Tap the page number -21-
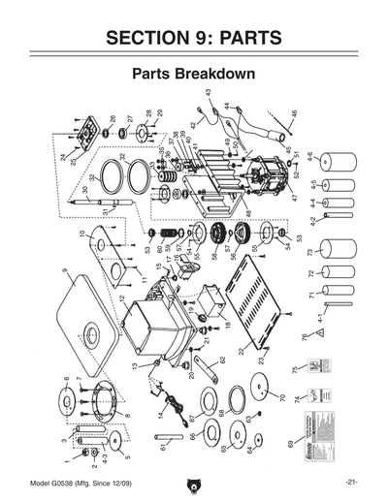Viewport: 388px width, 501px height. pyautogui.click(x=350, y=482)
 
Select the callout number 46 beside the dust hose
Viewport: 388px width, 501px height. pyautogui.click(x=295, y=113)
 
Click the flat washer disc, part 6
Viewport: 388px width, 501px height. pyautogui.click(x=67, y=398)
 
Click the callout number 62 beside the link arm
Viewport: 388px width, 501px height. pyautogui.click(x=222, y=360)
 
